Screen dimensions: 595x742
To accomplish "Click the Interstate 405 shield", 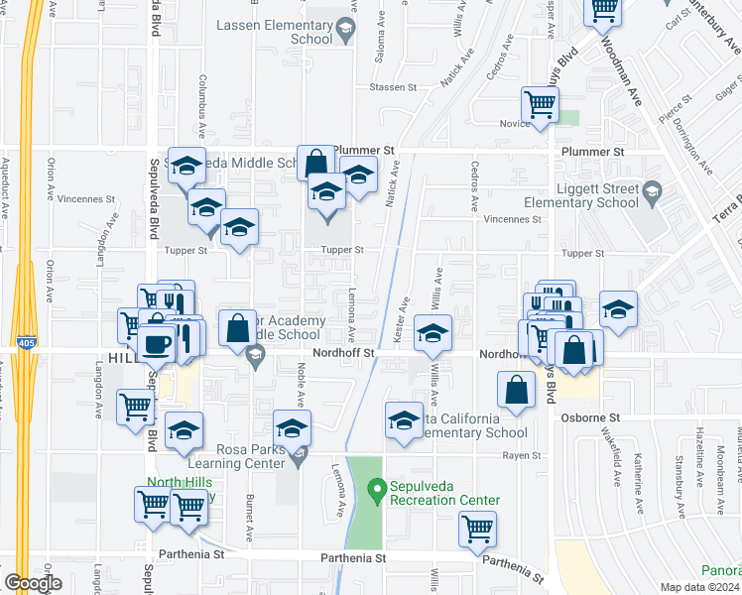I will coord(28,343).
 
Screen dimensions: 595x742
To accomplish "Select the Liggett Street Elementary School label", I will coord(580,195).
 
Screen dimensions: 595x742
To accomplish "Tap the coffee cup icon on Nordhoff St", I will coord(157,344).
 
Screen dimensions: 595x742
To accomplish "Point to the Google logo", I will coord(34,583).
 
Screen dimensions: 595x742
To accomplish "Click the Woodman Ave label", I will coord(634,69).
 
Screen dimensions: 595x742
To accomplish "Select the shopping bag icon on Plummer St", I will coord(315,163).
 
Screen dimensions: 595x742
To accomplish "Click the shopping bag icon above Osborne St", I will coord(517,391).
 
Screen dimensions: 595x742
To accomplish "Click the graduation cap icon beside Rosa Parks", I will coord(292,428).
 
